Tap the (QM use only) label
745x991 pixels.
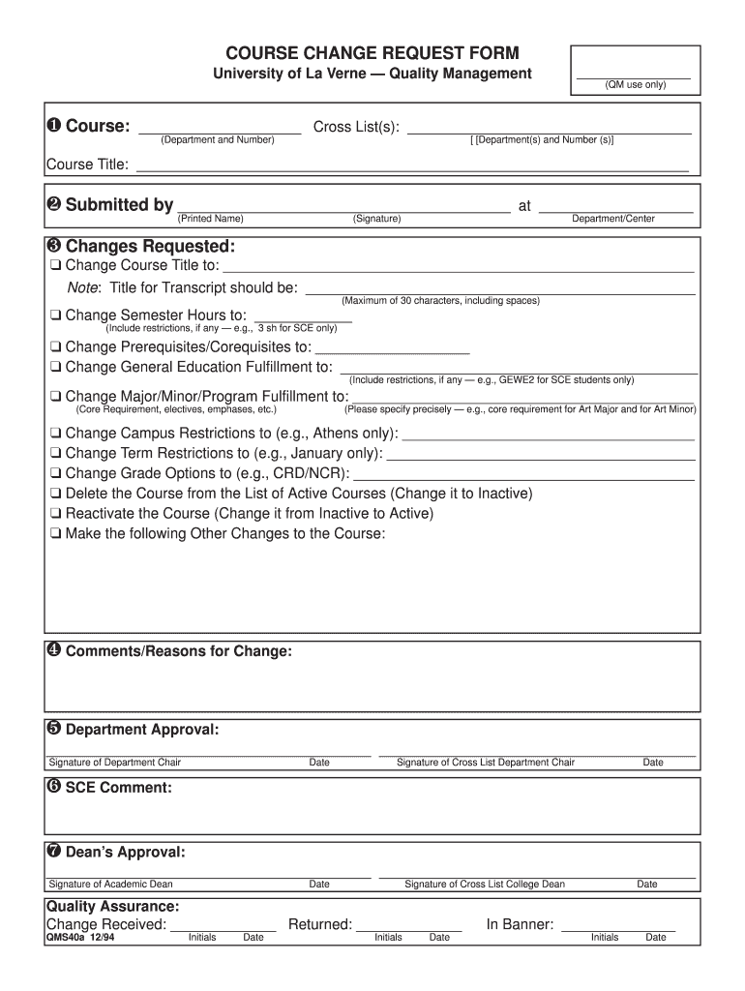(x=635, y=85)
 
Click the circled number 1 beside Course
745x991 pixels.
(x=53, y=127)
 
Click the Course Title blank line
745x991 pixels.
(x=411, y=165)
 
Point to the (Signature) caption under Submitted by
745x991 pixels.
(x=377, y=219)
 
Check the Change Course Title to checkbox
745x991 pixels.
(x=56, y=266)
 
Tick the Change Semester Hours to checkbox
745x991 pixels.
(x=56, y=315)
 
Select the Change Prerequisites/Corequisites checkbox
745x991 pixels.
(x=56, y=347)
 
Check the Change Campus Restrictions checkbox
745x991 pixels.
(x=56, y=434)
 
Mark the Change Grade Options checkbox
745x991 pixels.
(x=56, y=474)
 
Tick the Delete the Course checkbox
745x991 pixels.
(x=56, y=495)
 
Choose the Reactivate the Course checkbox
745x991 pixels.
(x=56, y=514)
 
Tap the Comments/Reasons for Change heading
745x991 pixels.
(x=178, y=651)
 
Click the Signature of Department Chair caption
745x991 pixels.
(x=115, y=763)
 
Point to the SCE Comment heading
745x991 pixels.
(x=118, y=788)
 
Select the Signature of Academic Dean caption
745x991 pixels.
(x=111, y=885)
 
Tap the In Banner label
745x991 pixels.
(x=520, y=924)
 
